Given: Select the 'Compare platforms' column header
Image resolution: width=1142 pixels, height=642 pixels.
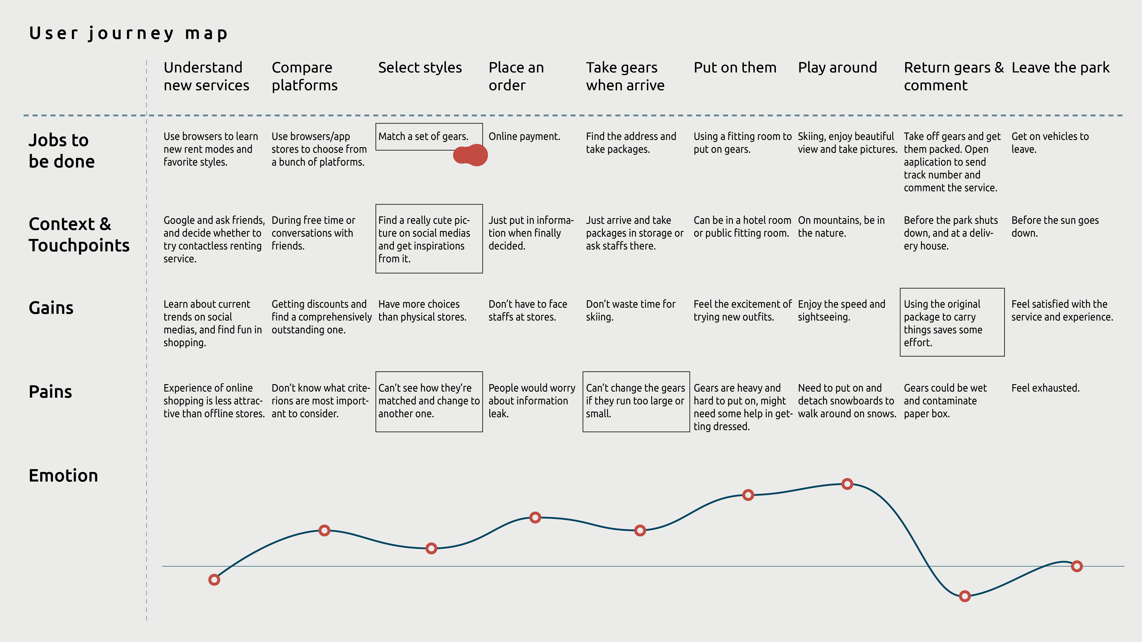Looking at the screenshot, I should point(305,76).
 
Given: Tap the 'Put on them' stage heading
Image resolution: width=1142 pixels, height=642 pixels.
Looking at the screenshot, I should point(735,68).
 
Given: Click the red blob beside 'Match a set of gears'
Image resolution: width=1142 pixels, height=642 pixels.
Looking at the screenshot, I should point(471,155).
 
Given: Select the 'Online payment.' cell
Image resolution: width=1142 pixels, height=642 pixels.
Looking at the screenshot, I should point(524,137).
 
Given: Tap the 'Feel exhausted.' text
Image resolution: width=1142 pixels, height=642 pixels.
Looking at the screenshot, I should point(1045,388).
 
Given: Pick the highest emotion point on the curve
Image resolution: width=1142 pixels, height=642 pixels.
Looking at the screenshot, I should point(847,484).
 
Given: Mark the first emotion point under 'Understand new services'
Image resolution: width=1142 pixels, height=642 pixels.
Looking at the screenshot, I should point(214,580).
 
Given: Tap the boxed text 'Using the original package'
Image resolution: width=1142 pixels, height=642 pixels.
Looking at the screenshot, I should point(952,322).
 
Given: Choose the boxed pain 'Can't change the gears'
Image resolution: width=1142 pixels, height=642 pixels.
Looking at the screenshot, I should point(636,401).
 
